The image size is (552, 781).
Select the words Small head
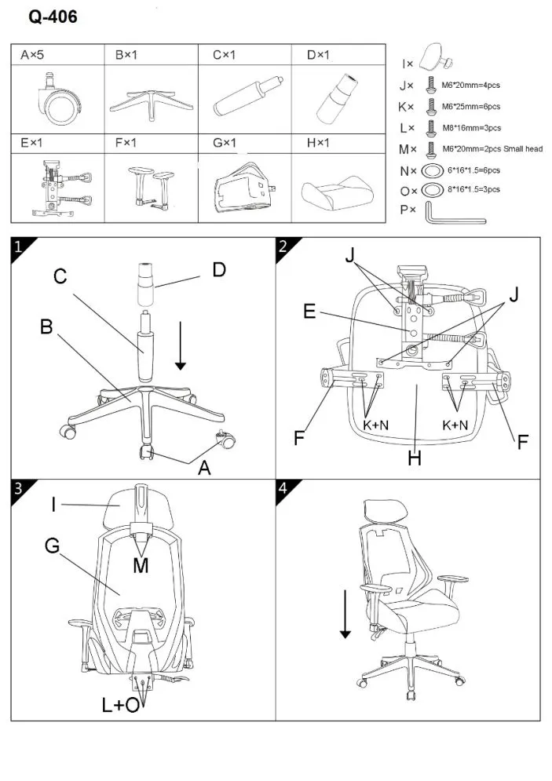(x=523, y=149)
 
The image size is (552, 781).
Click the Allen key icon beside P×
(x=453, y=212)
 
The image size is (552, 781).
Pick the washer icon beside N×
(x=431, y=170)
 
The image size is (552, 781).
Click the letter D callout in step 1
(x=219, y=270)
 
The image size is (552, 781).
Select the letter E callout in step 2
(x=310, y=312)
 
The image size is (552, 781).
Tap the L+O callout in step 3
(x=121, y=706)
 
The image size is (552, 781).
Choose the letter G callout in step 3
(x=52, y=545)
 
